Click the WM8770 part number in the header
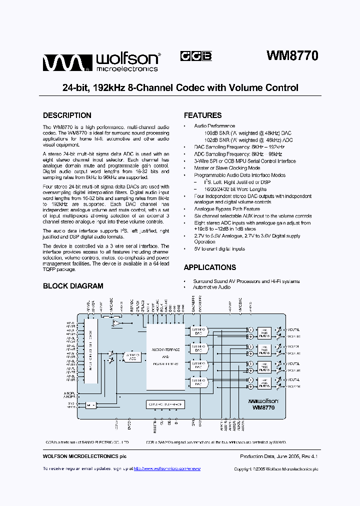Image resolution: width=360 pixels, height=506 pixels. point(292,56)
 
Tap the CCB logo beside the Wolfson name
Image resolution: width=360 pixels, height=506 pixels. point(195,56)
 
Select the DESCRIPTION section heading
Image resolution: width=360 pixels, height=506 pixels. point(67,115)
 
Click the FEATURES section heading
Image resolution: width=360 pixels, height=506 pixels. point(202,115)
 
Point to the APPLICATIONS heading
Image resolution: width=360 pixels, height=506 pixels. point(209,267)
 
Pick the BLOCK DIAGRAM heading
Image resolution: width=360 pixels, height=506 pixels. point(73,286)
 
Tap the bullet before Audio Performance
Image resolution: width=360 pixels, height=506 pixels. point(185,126)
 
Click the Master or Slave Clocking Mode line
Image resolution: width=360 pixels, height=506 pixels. point(227,168)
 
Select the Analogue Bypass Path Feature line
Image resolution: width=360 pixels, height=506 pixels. point(227,209)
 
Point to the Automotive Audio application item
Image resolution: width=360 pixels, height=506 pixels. point(212,287)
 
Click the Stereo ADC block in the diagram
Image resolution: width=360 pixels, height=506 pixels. point(131,356)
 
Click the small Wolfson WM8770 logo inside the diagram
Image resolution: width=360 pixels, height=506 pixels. point(263,404)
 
